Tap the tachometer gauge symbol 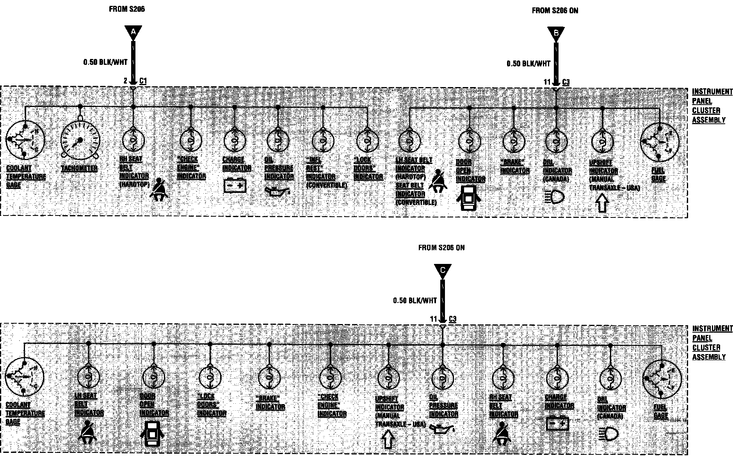coord(80,140)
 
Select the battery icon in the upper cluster coord(235,185)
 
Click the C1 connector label coord(143,81)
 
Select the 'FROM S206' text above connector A coord(127,9)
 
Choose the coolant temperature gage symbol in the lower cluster coord(24,377)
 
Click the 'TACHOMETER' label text coord(79,169)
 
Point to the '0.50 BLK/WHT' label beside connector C coord(415,301)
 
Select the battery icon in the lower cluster coord(557,423)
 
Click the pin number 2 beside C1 coord(125,81)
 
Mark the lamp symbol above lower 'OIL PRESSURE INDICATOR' coord(443,378)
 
